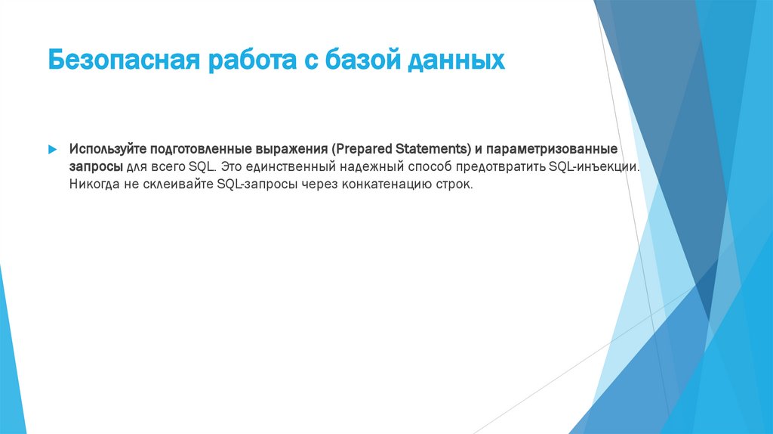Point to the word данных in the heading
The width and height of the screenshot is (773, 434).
point(457,60)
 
